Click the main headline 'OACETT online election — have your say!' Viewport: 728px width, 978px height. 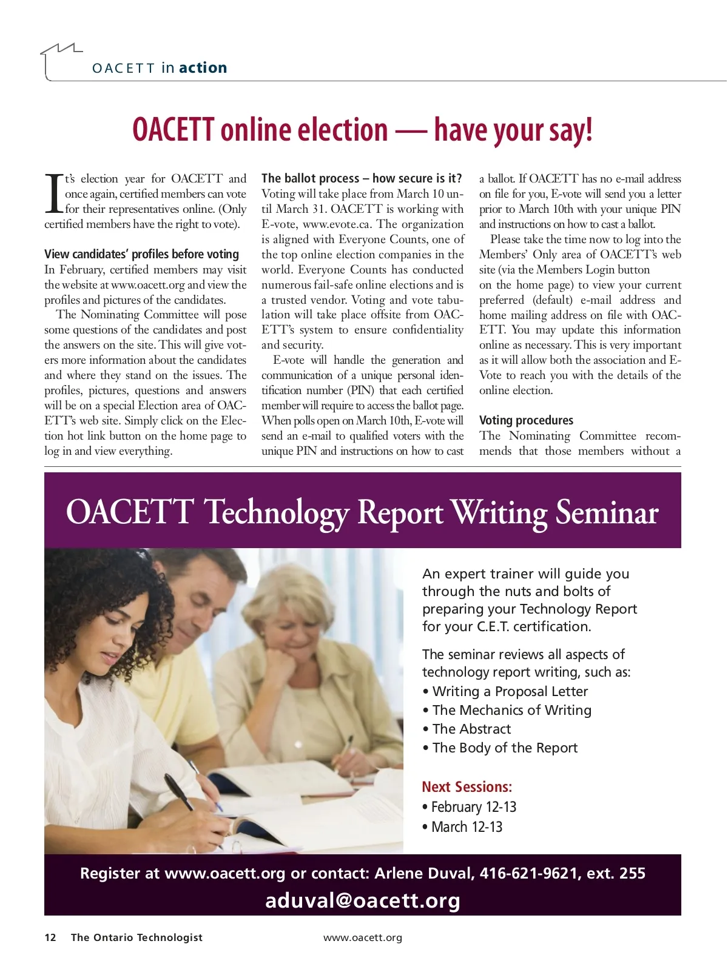coord(362,130)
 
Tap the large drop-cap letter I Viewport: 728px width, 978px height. coord(53,194)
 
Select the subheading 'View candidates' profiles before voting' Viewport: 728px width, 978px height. coord(141,254)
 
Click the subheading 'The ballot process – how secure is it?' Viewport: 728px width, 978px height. coord(362,178)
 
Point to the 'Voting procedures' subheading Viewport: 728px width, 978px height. coord(525,420)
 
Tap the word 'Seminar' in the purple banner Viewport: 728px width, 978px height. coord(607,512)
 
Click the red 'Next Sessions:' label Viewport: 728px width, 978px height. coord(467,787)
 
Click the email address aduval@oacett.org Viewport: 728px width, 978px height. coord(363,900)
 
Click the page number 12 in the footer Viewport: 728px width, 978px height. coord(50,938)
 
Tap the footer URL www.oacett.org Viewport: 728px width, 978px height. coord(363,938)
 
